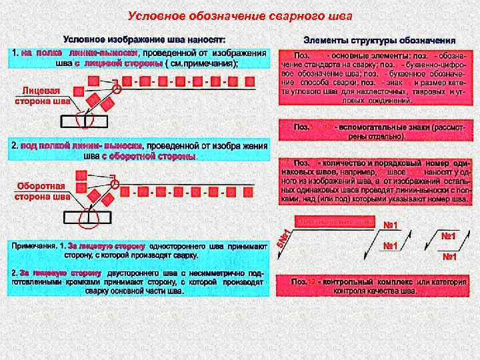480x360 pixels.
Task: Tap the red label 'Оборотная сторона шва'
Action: click(41, 191)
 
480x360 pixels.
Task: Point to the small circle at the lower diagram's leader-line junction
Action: click(115, 185)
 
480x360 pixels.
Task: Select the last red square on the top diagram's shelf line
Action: click(249, 83)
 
